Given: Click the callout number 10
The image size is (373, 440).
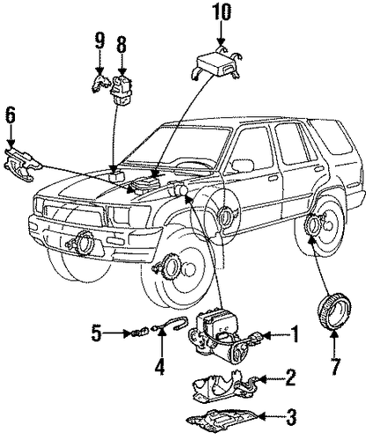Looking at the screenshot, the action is [221, 12].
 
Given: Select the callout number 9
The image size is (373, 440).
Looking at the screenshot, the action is [99, 41].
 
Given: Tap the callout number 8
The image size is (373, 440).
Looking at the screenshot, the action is [121, 44].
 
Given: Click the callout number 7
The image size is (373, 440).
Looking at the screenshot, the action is [335, 367].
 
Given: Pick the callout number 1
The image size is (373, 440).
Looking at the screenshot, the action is [294, 334].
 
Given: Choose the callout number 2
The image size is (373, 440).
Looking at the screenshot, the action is [289, 378].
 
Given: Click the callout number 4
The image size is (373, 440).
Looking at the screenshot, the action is [160, 367].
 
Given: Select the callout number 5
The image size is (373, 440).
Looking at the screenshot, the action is [97, 334].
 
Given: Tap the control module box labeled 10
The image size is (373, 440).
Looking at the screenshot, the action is [216, 66].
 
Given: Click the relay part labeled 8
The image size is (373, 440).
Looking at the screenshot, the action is [121, 90].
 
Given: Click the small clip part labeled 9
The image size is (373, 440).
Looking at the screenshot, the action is [99, 84].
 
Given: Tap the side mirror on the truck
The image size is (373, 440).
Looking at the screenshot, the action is [243, 165].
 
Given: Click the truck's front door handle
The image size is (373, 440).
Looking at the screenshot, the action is [273, 179].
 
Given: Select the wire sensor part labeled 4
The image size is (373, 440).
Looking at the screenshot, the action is [170, 324].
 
